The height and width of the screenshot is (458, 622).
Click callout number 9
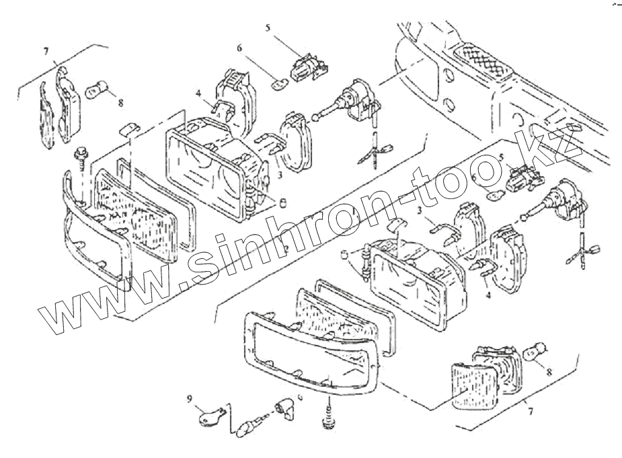pos(190,397)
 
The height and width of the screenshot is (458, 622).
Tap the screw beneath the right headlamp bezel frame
pos(329,418)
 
